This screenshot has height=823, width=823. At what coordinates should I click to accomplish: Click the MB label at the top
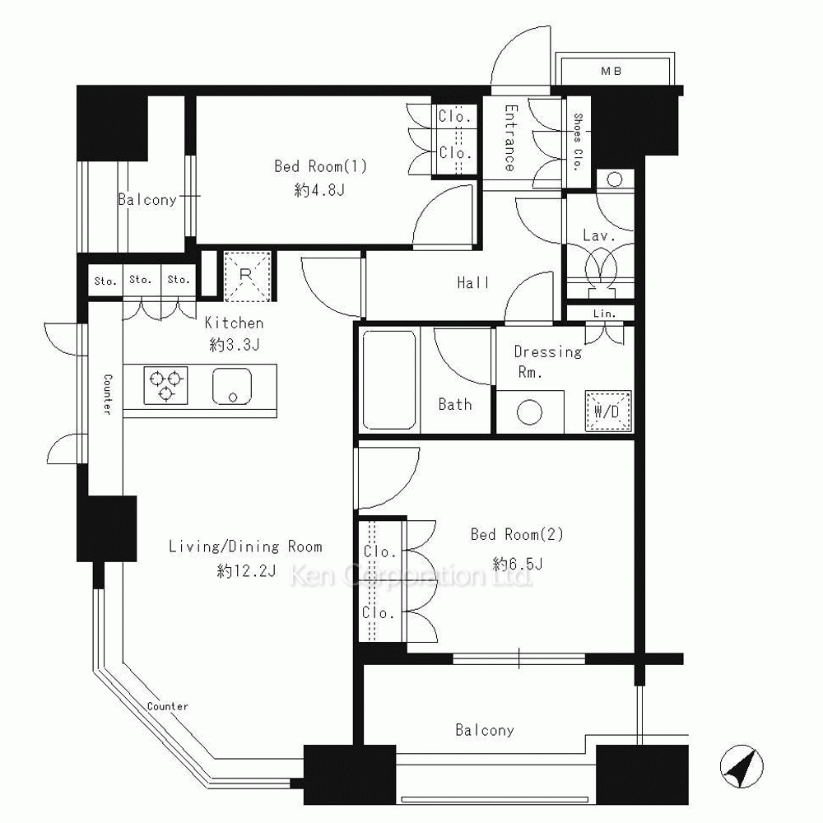pyautogui.click(x=611, y=71)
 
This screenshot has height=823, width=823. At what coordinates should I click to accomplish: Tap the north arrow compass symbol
pyautogui.click(x=742, y=767)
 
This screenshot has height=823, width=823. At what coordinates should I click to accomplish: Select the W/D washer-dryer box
pyautogui.click(x=608, y=411)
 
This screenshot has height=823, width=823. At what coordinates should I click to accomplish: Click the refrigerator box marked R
pyautogui.click(x=247, y=276)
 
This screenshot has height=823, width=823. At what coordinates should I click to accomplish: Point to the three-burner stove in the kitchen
pyautogui.click(x=166, y=385)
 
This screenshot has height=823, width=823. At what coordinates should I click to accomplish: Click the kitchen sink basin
pyautogui.click(x=232, y=386)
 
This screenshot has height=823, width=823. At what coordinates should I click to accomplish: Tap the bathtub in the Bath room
pyautogui.click(x=389, y=379)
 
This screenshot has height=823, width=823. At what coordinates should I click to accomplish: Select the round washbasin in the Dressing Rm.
pyautogui.click(x=529, y=412)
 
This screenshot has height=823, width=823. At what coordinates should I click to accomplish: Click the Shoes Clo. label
pyautogui.click(x=578, y=142)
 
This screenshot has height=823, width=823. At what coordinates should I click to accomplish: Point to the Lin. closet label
pyautogui.click(x=604, y=314)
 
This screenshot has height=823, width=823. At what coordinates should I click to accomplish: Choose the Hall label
pyautogui.click(x=473, y=283)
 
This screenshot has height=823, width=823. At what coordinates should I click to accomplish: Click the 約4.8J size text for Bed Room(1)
pyautogui.click(x=319, y=189)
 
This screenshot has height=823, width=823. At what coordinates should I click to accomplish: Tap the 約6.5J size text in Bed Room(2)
pyautogui.click(x=518, y=564)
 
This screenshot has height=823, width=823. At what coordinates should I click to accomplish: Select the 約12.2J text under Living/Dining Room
pyautogui.click(x=246, y=570)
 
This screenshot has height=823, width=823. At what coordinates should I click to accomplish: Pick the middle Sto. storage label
pyautogui.click(x=140, y=280)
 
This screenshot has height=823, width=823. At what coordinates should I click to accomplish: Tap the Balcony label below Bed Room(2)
pyautogui.click(x=485, y=730)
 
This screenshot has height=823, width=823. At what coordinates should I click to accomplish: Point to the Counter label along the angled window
pyautogui.click(x=167, y=706)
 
